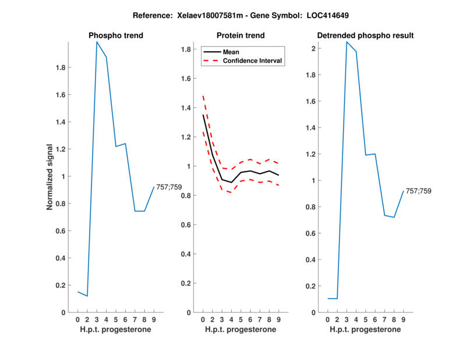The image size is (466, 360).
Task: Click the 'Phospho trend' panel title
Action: coord(116,36)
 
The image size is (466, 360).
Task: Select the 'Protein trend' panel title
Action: coord(241,36)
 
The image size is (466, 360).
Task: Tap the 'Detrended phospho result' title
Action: coord(365,36)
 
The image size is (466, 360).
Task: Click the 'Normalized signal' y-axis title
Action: coord(50,177)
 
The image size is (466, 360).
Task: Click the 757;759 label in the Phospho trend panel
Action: coord(170,187)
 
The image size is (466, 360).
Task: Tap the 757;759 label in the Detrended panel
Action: coord(419,191)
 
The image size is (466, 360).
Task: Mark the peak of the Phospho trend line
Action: coord(97,42)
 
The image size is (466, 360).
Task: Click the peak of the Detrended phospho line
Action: coord(347,42)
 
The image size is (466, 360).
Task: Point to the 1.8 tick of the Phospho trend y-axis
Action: coord(61,68)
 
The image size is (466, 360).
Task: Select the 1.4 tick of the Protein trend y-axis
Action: coord(186,108)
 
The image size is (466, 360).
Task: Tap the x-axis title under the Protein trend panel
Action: coord(241,330)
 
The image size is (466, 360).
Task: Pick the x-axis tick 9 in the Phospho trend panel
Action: coord(154,319)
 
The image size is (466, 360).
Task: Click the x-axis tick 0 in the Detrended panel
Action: coord(328,319)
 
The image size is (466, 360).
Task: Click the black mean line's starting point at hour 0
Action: coord(203,115)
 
